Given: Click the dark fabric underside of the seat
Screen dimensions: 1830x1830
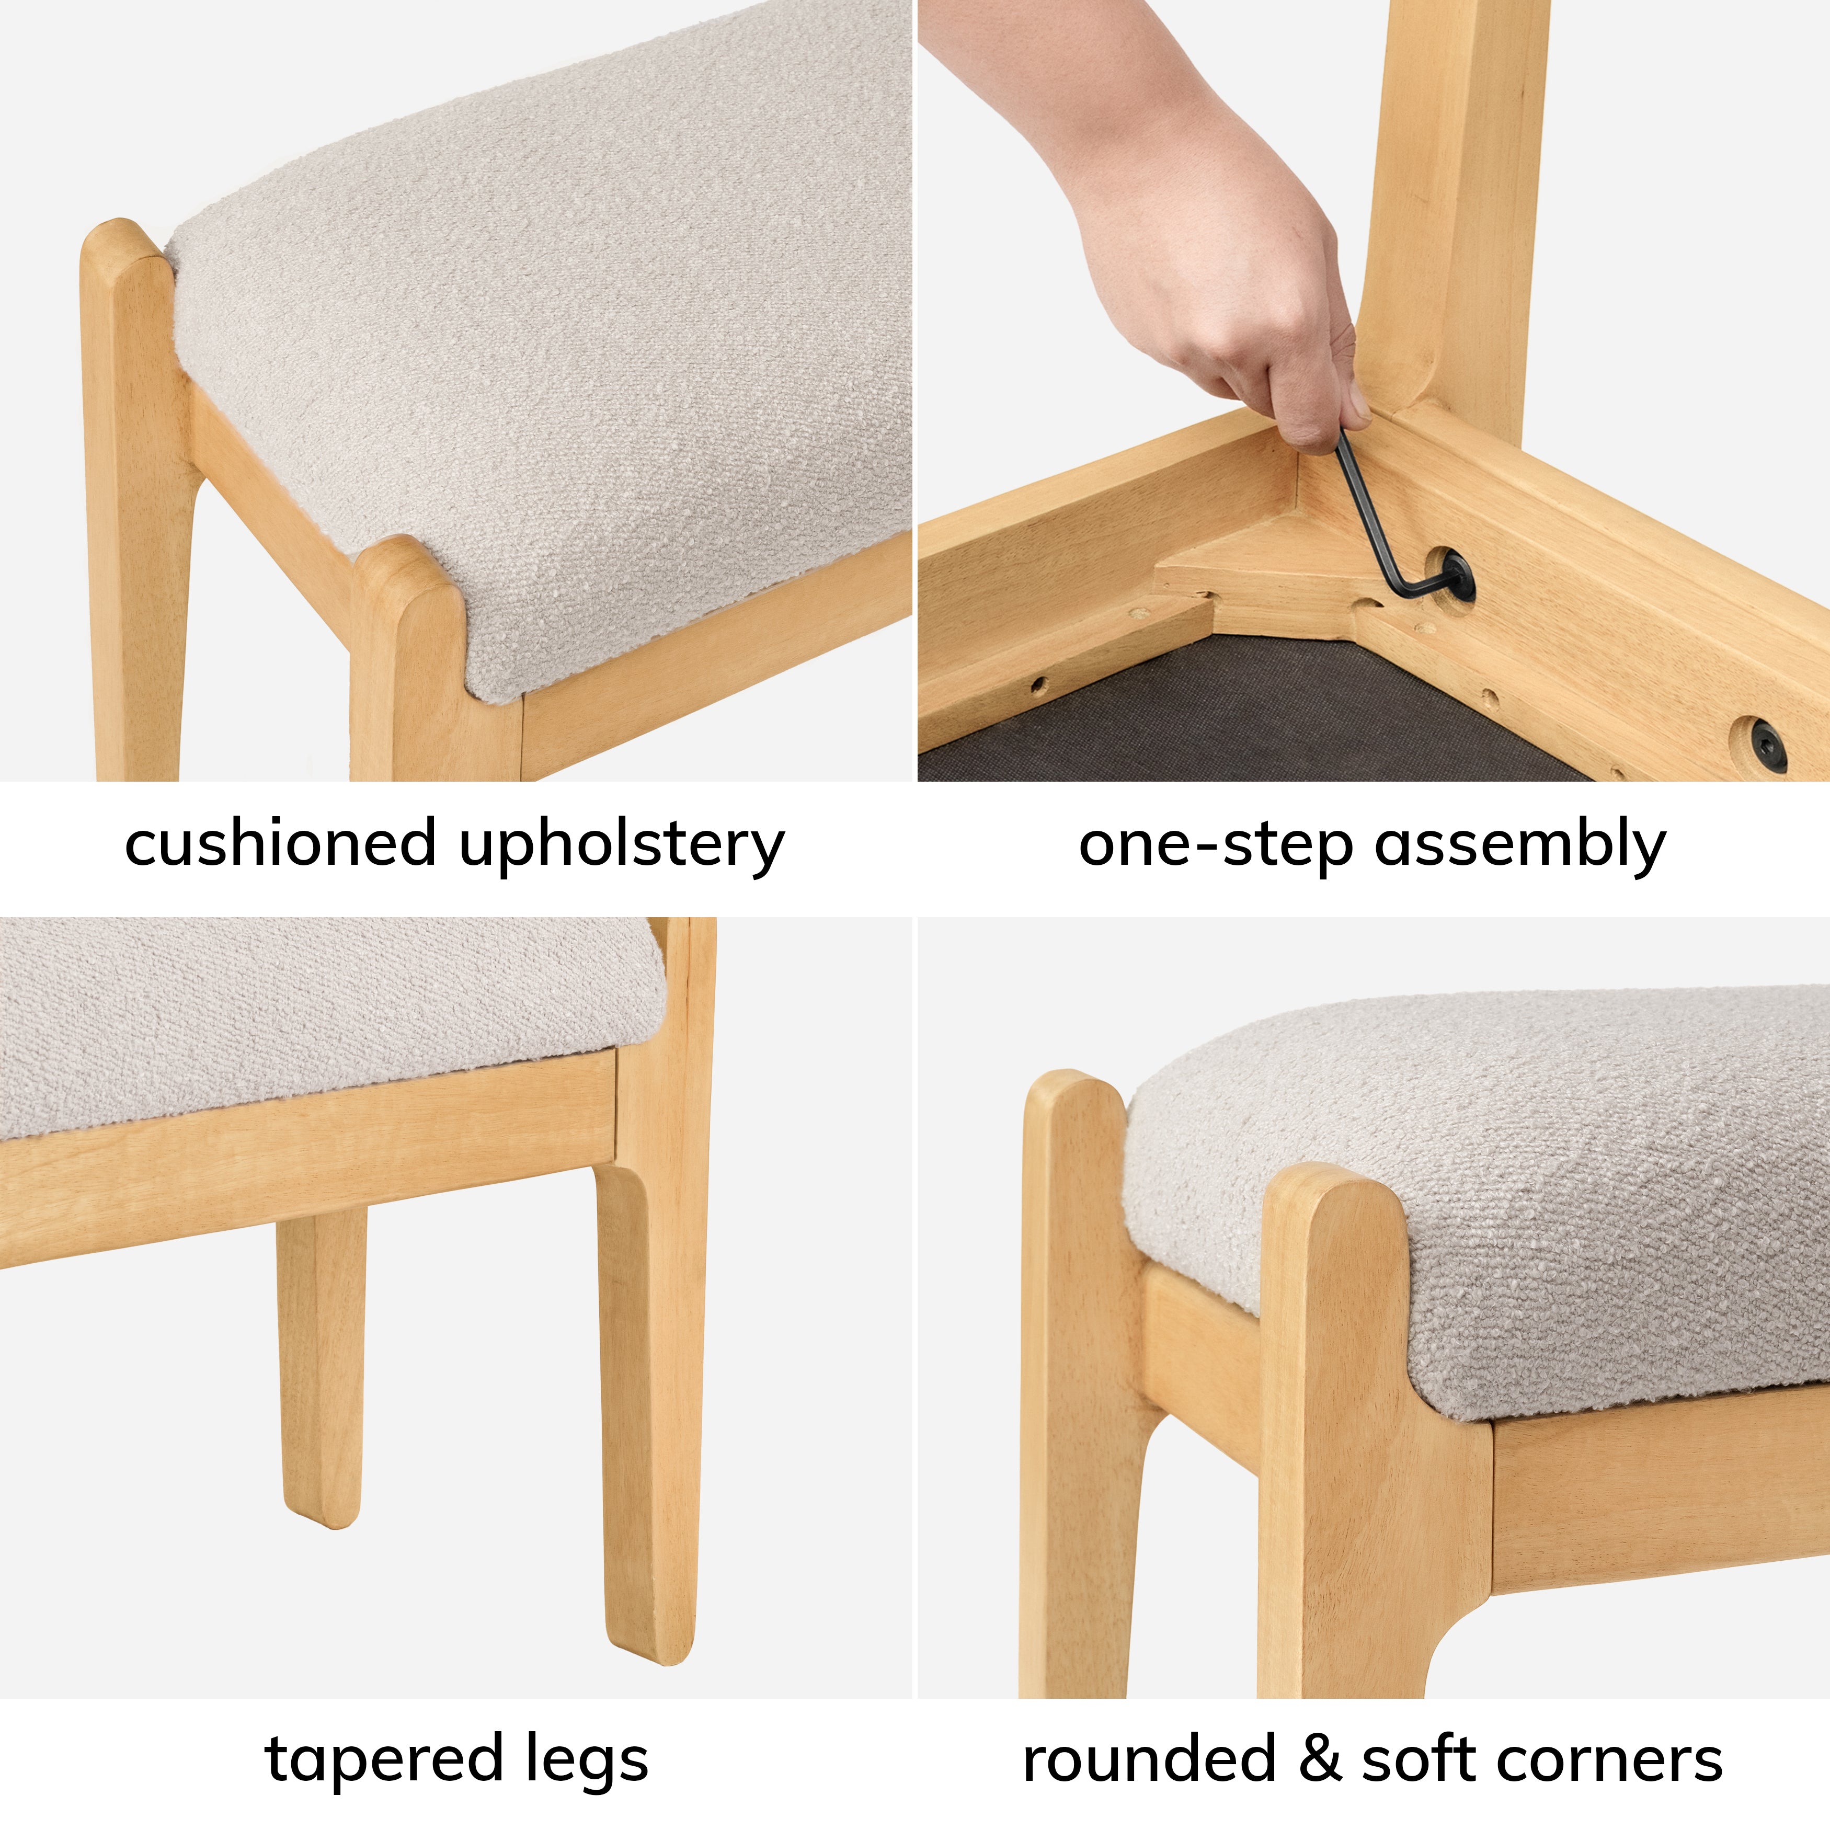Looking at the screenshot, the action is pyautogui.click(x=1260, y=711).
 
